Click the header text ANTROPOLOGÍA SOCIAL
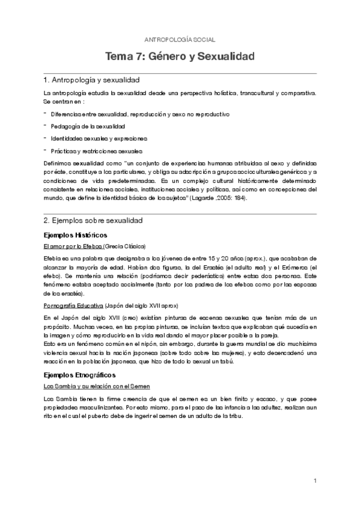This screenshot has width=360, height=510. click(x=180, y=38)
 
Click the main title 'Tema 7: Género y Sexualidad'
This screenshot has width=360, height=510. click(x=180, y=57)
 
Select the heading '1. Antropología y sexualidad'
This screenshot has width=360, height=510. click(x=92, y=80)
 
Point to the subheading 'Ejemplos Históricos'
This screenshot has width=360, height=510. click(x=75, y=235)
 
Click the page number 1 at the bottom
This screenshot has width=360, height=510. click(x=315, y=480)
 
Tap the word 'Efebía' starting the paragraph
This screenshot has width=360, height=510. click(x=53, y=258)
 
